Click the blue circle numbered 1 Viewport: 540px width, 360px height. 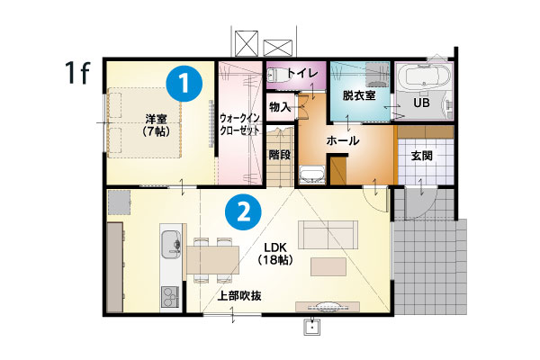pos(184,83)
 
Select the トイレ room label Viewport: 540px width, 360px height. pos(302,73)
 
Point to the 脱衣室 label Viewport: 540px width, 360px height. pos(359,95)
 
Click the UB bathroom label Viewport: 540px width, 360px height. pos(421,103)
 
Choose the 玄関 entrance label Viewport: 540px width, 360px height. pos(422,156)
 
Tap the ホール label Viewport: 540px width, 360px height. pos(342,140)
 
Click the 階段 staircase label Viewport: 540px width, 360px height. pos(280,155)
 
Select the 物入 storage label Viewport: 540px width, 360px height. pos(280,107)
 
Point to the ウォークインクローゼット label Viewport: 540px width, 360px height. pos(239,124)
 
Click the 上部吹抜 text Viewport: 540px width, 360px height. pos(239,295)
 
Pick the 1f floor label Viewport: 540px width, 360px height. pos(77,72)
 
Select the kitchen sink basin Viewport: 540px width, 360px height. pos(171,244)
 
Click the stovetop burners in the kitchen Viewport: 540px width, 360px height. pos(171,296)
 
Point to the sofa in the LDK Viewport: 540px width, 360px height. pos(328,235)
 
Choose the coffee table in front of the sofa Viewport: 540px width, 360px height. pos(328,267)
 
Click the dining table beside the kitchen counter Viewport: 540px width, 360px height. pos(212,260)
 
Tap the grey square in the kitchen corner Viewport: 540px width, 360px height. pos(119,202)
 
